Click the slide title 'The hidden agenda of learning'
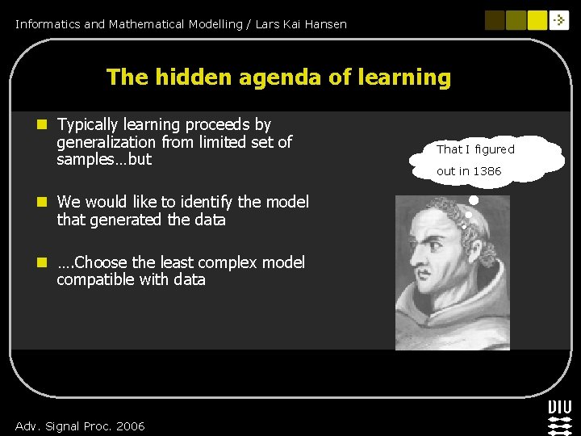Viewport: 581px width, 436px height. tap(278, 78)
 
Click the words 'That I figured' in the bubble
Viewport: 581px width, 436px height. tap(475, 149)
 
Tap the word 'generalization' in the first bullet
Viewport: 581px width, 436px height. tap(106, 142)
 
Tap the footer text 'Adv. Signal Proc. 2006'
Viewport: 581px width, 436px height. tap(80, 426)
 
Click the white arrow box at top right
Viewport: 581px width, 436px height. tap(559, 20)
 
